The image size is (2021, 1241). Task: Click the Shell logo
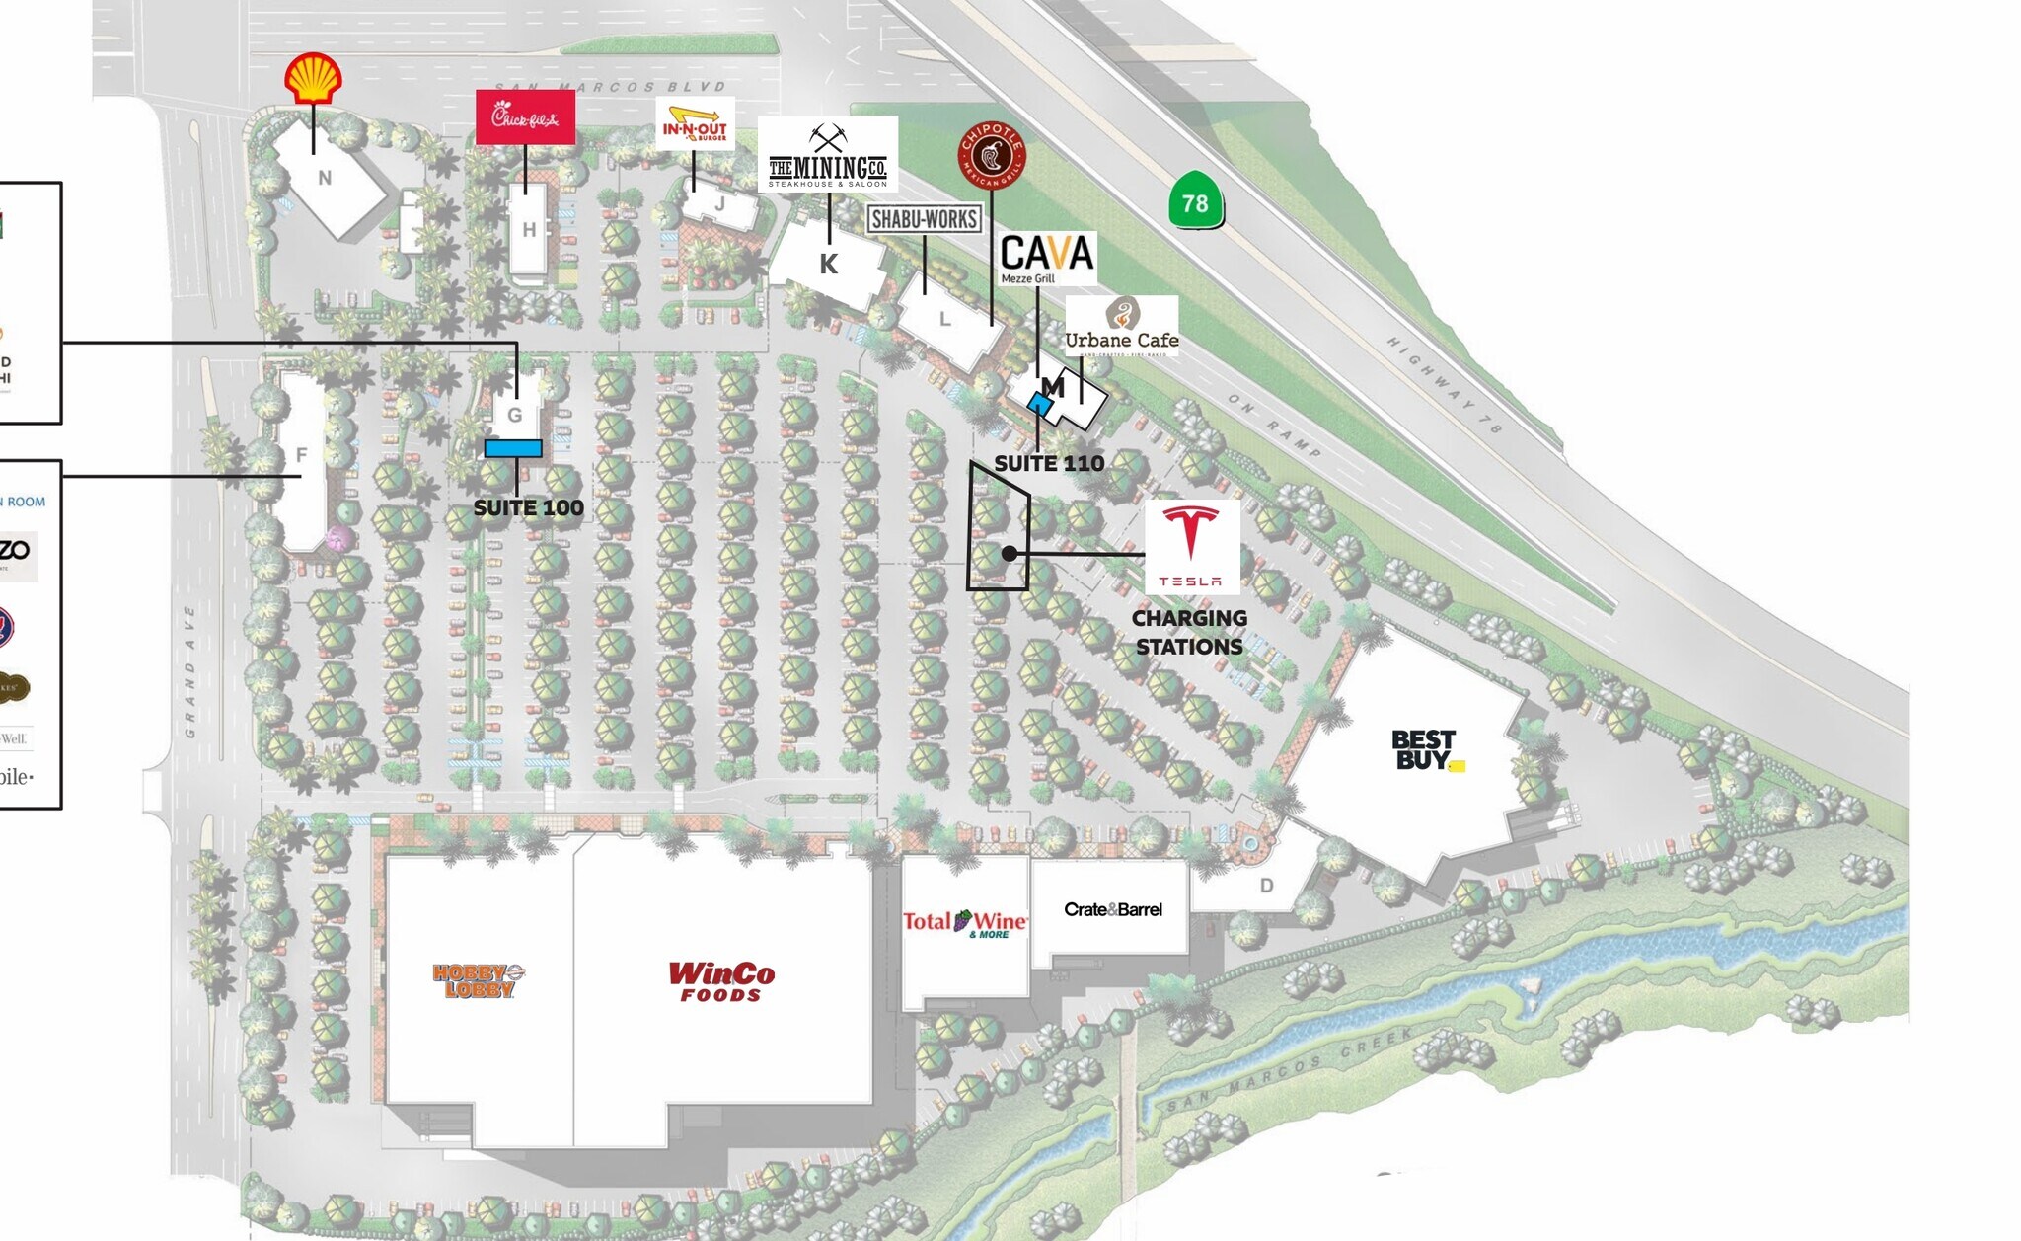pyautogui.click(x=313, y=78)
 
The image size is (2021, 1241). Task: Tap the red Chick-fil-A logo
pyautogui.click(x=525, y=117)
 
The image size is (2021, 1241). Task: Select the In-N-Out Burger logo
pyautogui.click(x=695, y=124)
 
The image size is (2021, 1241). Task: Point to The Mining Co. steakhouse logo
pyautogui.click(x=828, y=155)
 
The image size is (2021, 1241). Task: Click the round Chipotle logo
pyautogui.click(x=992, y=155)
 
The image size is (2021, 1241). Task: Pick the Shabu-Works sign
pyautogui.click(x=925, y=219)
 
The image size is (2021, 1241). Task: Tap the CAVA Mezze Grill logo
pyautogui.click(x=1046, y=258)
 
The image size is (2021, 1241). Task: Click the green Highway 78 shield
pyautogui.click(x=1195, y=201)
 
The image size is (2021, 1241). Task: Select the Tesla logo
pyautogui.click(x=1191, y=546)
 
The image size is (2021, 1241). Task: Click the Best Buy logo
pyautogui.click(x=1425, y=750)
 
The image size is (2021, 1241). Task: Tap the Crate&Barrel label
pyautogui.click(x=1112, y=909)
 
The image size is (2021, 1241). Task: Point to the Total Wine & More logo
pyautogui.click(x=965, y=923)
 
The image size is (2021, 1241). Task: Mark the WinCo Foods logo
pyautogui.click(x=721, y=980)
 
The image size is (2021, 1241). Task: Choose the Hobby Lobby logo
pyautogui.click(x=479, y=980)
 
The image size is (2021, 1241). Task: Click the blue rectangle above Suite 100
pyautogui.click(x=513, y=449)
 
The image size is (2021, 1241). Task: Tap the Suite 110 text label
pyautogui.click(x=1048, y=463)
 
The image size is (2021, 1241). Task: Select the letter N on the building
pyautogui.click(x=325, y=178)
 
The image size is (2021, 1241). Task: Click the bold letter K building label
pyautogui.click(x=829, y=264)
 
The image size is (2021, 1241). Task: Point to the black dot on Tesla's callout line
pyautogui.click(x=1009, y=554)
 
